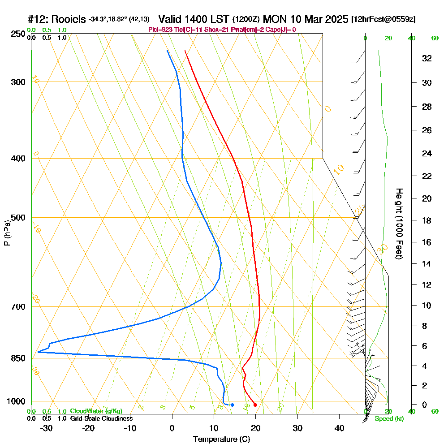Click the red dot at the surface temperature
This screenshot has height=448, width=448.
tap(255, 405)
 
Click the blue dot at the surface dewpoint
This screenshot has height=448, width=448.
tap(232, 405)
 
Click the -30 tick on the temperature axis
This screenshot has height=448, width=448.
tap(46, 428)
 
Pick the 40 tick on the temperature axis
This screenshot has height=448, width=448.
tap(339, 428)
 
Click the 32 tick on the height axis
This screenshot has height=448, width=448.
tap(427, 58)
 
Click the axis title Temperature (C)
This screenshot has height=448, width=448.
tap(221, 439)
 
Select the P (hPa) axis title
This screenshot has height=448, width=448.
tap(7, 233)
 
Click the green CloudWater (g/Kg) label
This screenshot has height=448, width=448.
tap(96, 411)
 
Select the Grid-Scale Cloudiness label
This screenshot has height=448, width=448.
tap(101, 418)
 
